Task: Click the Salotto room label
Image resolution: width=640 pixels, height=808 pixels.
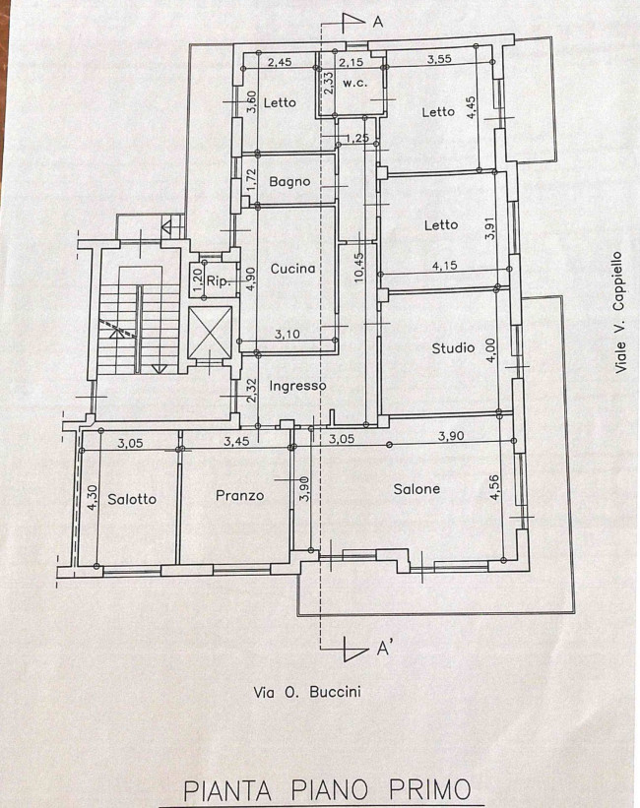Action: pos(132,499)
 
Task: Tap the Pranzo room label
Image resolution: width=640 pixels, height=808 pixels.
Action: pos(239,495)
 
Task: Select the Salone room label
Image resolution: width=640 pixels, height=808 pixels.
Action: pos(416,489)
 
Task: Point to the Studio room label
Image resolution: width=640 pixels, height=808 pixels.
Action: pos(453,347)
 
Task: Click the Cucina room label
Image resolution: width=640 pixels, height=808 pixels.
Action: pos(292,268)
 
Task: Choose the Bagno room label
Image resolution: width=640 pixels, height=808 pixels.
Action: pos(289,182)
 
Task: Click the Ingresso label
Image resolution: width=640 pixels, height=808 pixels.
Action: pos(297,387)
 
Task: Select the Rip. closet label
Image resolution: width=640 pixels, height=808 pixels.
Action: pos(218,281)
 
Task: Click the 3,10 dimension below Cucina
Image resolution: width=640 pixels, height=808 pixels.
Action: pos(288,335)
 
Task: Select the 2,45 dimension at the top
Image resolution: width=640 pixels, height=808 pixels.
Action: pos(281,62)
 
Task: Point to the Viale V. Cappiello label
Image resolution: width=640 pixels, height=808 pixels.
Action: pos(620,310)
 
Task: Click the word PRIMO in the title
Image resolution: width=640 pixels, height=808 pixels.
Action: pos(417,789)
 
